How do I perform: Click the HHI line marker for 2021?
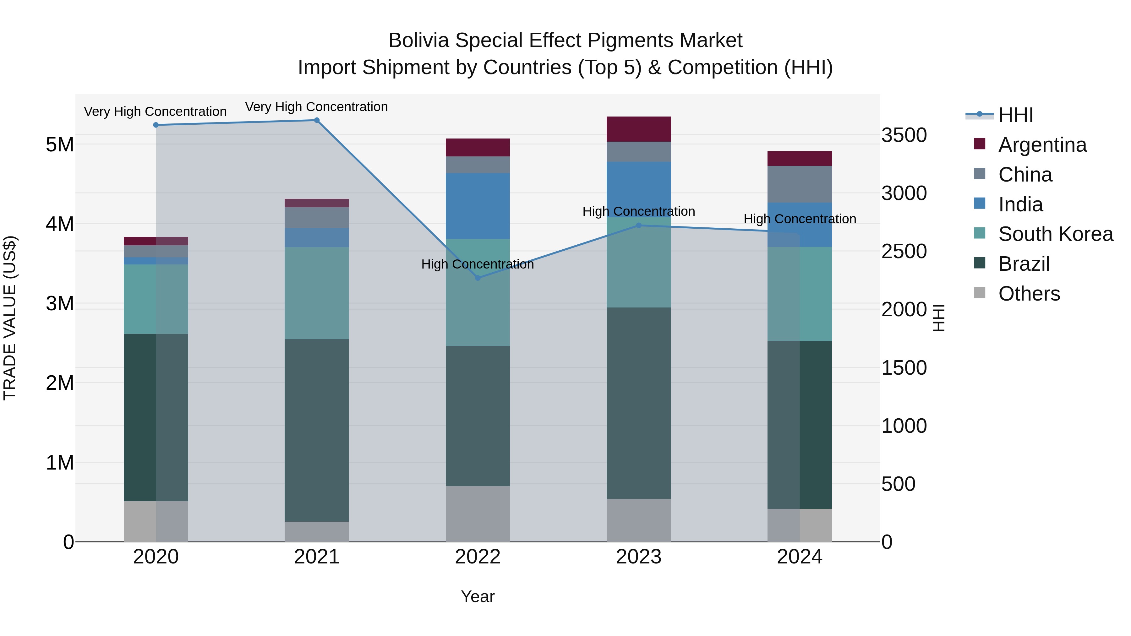point(317,120)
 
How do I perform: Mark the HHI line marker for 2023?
point(639,226)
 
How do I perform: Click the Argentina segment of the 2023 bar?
point(639,129)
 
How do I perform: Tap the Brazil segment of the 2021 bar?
point(317,430)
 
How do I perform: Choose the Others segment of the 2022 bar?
point(478,514)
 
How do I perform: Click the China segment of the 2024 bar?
point(800,184)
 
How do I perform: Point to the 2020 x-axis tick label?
point(156,557)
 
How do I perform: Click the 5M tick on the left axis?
point(60,144)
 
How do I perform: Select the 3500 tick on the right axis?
point(904,135)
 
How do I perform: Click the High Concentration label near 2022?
point(477,264)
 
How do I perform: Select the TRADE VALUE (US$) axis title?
point(10,318)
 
